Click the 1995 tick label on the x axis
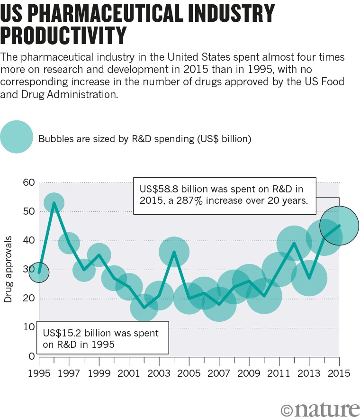[x=39, y=373]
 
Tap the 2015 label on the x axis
[x=339, y=373]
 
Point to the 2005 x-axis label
[x=189, y=373]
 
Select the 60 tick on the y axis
[x=28, y=182]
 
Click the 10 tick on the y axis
[x=28, y=327]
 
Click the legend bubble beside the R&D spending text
[x=16, y=137]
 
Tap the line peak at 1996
[x=54, y=203]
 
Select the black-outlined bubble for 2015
[x=339, y=226]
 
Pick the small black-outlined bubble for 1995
[x=39, y=272]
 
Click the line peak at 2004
[x=174, y=252]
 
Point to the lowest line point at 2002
[x=144, y=307]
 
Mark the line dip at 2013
[x=309, y=278]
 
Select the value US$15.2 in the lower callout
[x=64, y=333]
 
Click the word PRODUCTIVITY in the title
[x=64, y=35]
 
